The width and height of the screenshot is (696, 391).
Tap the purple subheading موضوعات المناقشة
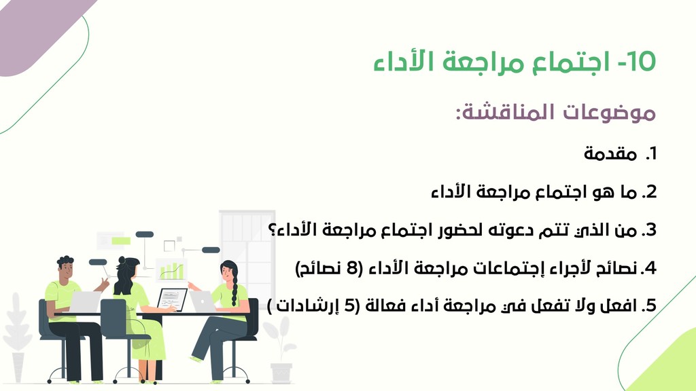coord(556,112)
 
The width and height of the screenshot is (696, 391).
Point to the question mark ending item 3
coord(272,230)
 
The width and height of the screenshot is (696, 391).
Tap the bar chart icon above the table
coord(171,270)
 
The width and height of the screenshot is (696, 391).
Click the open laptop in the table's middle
coord(171,299)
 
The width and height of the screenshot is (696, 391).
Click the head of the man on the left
coord(66,269)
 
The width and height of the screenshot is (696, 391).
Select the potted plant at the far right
coord(279,350)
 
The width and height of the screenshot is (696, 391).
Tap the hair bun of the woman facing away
coord(122,261)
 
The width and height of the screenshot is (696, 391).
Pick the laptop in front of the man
coord(85,301)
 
